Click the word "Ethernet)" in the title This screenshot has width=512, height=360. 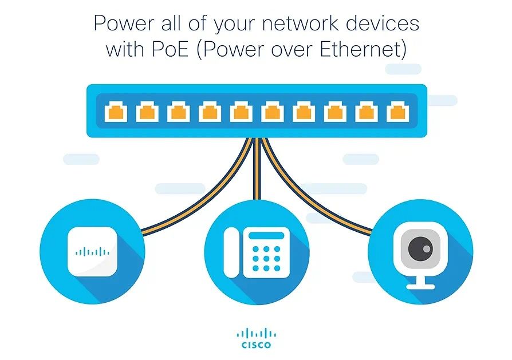(x=367, y=50)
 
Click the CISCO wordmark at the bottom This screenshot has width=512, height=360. (x=256, y=345)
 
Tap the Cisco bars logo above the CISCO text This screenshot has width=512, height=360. (x=256, y=333)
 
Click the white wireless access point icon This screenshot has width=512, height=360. (x=92, y=252)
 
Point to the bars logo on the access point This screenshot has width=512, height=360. (x=92, y=252)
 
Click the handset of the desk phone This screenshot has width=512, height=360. (x=230, y=252)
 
